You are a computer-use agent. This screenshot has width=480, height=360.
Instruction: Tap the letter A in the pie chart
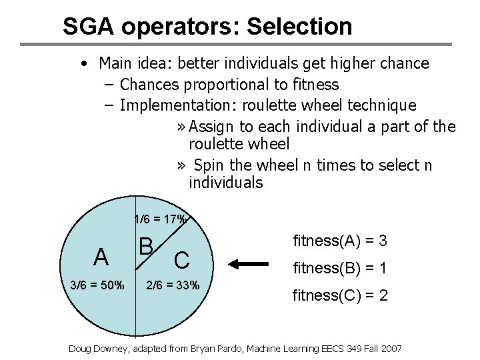coord(101,257)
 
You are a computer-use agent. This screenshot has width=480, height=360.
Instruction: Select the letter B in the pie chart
coord(147,246)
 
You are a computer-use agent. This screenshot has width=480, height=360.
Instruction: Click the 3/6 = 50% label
coord(97,285)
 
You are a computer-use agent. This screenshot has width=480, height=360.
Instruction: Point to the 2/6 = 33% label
coord(173,285)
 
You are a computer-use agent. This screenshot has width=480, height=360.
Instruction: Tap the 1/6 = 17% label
coord(161,219)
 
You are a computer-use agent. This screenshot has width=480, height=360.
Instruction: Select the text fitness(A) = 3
coord(340,240)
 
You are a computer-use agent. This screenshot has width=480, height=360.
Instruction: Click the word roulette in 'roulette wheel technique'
coord(269,105)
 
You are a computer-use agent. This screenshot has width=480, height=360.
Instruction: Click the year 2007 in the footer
coord(391,349)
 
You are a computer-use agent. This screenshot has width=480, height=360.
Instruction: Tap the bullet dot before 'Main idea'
coord(82,64)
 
